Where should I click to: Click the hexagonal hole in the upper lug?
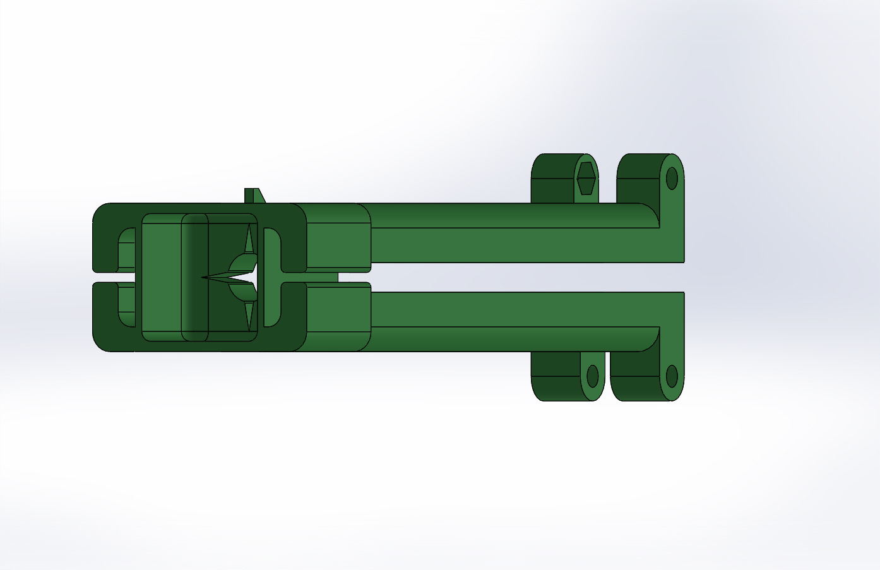[x=586, y=178]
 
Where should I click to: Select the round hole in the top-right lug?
[x=672, y=178]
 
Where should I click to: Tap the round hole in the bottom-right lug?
[x=672, y=376]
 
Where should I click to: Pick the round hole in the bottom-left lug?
[x=592, y=376]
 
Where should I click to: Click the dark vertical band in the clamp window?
[x=195, y=278]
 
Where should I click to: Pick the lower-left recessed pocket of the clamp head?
[x=127, y=307]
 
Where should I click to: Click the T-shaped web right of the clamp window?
[x=271, y=278]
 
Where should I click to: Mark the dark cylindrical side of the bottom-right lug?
[x=634, y=379]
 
